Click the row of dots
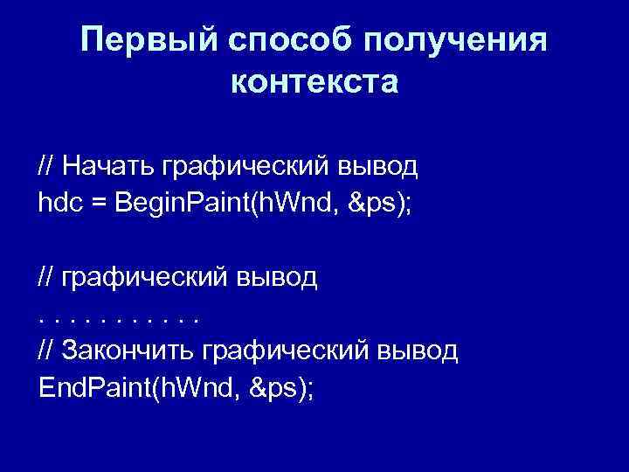tap(119, 318)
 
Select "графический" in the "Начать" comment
tap(248, 165)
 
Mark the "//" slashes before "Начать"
tap(46, 165)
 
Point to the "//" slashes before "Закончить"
tap(46, 351)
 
